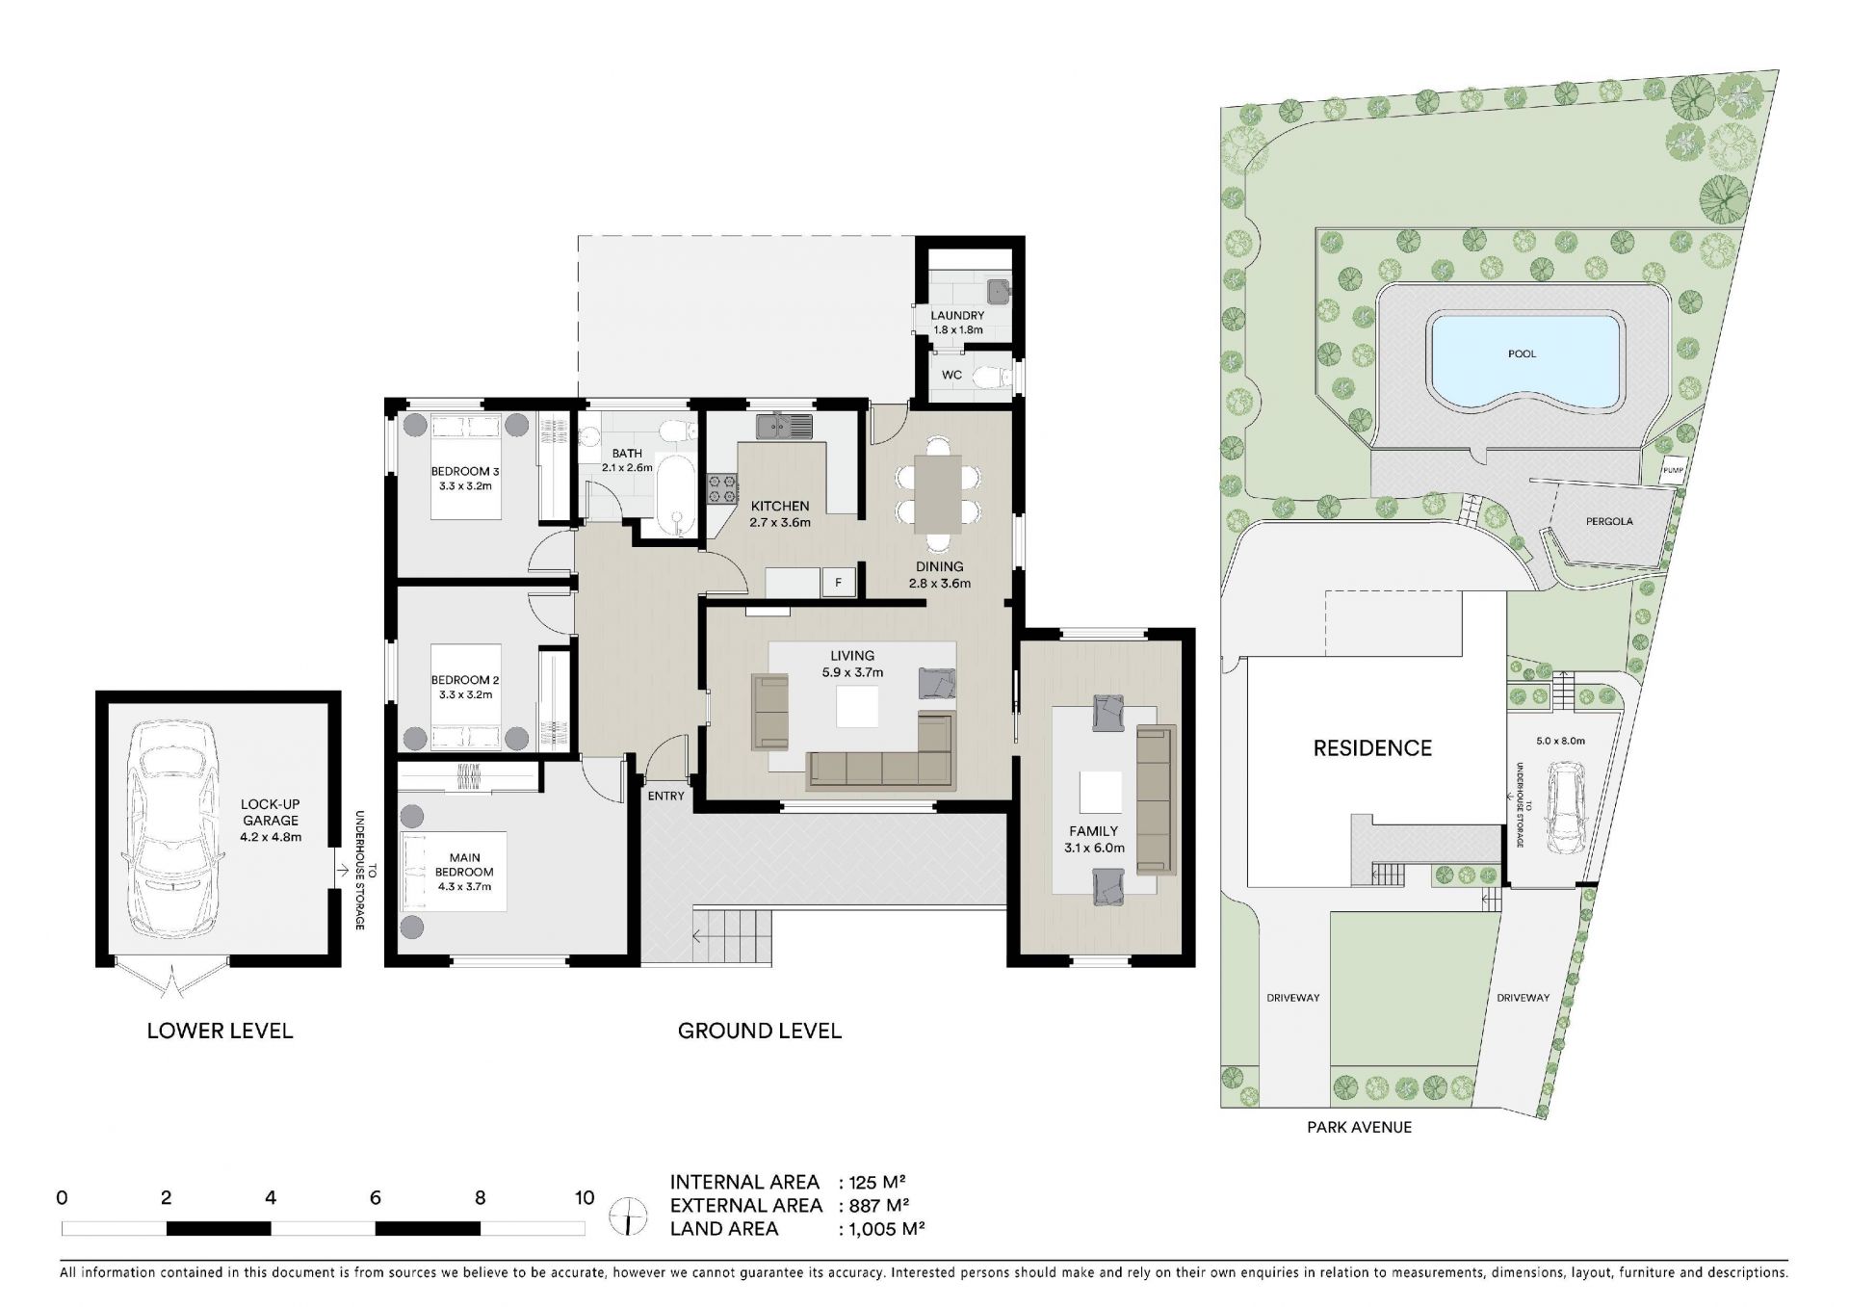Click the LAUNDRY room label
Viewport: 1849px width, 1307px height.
click(957, 315)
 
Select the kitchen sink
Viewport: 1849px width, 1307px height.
click(784, 425)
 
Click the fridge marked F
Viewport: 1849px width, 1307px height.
click(839, 582)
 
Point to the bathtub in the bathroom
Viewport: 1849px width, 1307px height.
click(676, 495)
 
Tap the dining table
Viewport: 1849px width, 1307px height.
click(938, 493)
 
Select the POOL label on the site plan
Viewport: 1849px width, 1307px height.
click(1523, 353)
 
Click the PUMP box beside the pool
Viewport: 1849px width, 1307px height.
click(1673, 470)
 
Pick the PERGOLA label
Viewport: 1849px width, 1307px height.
click(1609, 521)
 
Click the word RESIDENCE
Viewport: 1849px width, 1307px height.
click(1372, 748)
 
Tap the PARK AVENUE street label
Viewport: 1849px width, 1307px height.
click(1359, 1127)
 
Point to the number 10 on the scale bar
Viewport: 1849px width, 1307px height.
click(585, 1198)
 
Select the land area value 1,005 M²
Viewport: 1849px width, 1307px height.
click(882, 1228)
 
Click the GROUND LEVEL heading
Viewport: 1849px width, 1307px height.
click(760, 1031)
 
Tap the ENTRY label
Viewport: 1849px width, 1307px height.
click(665, 796)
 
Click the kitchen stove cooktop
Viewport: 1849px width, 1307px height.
click(721, 488)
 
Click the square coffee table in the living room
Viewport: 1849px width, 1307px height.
click(857, 706)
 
